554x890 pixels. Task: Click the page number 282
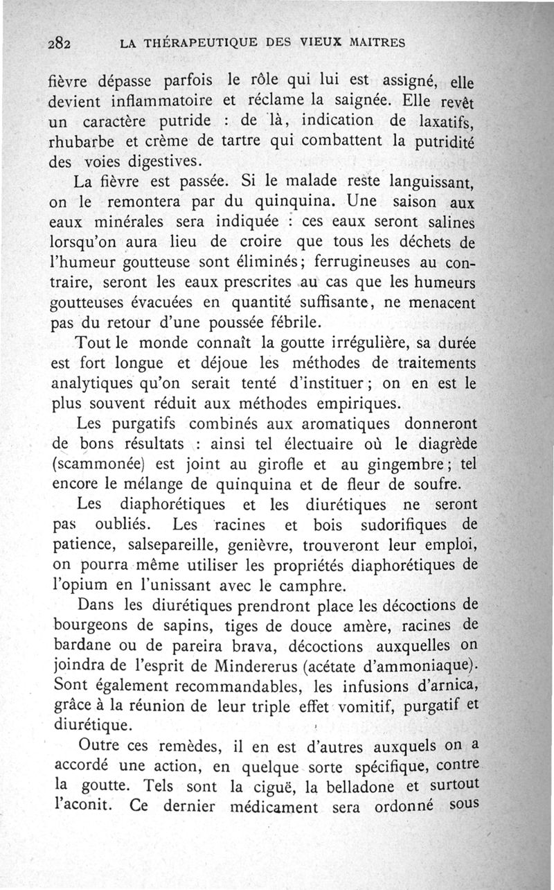[62, 42]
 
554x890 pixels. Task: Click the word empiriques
[358, 403]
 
